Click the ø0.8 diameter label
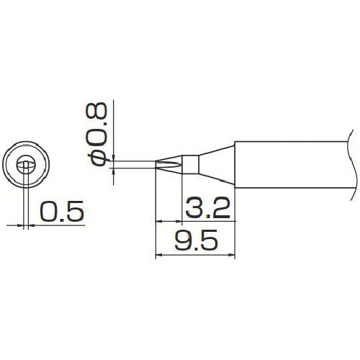96,134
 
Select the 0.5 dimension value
62,211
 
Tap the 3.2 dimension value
207,208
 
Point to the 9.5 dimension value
196,240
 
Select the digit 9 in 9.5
182,240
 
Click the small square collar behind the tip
190,164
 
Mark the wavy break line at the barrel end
352,165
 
